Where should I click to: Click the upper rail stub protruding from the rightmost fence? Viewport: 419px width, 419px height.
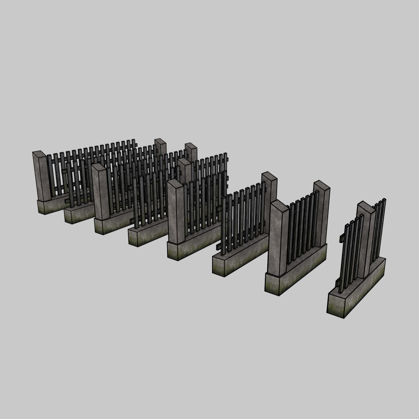pyautogui.click(x=343, y=237)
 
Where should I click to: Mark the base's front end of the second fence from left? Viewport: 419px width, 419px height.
pyautogui.click(x=70, y=215)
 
